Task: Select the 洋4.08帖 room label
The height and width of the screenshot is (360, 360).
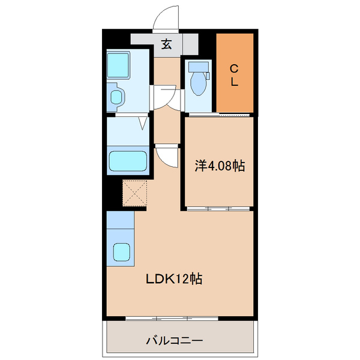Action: click(220, 166)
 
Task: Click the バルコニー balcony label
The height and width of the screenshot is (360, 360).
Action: click(175, 341)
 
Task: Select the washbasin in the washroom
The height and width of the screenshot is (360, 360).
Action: click(116, 95)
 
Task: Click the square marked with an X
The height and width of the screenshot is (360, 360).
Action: click(135, 193)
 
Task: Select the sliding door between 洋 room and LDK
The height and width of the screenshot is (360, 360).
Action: click(218, 209)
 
